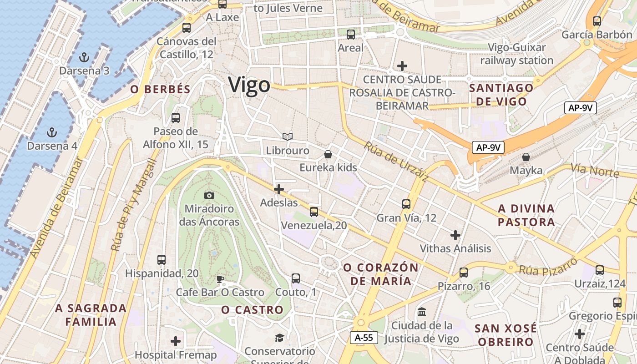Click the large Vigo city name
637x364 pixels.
point(249,85)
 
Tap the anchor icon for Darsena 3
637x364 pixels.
point(84,57)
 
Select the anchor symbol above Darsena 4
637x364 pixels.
point(52,132)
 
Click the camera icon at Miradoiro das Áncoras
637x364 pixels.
point(209,195)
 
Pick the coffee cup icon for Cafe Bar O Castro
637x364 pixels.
point(220,278)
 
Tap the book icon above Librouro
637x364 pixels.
point(287,136)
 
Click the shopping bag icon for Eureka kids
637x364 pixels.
point(328,154)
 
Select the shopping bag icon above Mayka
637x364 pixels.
point(526,157)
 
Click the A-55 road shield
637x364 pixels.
point(364,337)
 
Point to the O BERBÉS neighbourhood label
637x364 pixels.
point(160,89)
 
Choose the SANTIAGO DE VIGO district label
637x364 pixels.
point(501,95)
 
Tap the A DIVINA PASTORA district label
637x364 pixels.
point(526,215)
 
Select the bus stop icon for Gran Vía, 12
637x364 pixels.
point(406,204)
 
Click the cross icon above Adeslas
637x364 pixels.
point(279,189)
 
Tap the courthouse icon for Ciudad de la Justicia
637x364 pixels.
point(422,312)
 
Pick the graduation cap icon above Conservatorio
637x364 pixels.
point(279,338)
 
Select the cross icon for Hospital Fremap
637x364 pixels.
point(176,341)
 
